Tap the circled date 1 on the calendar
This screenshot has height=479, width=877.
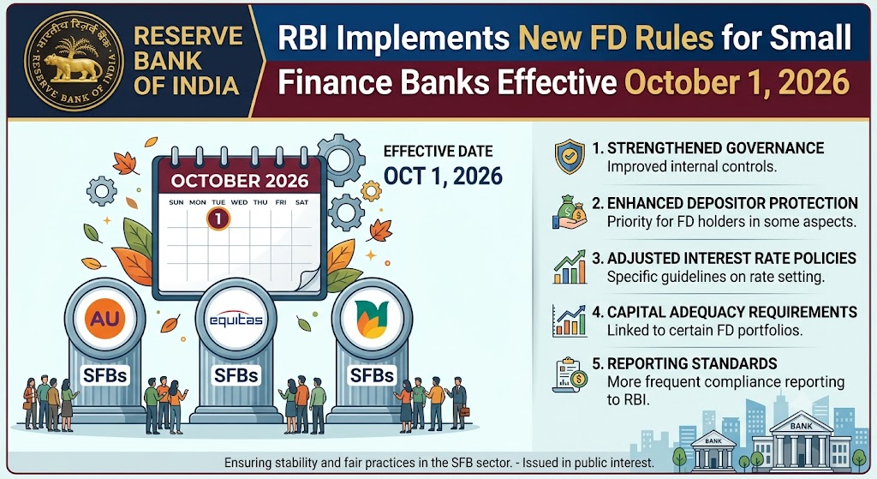tap(218, 219)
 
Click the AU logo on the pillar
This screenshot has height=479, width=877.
tap(105, 319)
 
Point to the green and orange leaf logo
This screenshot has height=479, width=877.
tap(372, 320)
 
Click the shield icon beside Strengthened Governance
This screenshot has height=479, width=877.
tap(570, 158)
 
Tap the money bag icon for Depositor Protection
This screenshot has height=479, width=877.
tap(570, 213)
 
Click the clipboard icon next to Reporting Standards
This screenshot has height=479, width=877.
tap(570, 374)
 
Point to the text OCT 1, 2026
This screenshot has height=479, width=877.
tap(443, 177)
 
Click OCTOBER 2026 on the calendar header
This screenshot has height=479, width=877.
tap(240, 181)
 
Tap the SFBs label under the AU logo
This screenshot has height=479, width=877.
tap(105, 375)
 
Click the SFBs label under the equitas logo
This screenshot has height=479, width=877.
tap(236, 375)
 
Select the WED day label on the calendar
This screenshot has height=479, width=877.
tap(239, 202)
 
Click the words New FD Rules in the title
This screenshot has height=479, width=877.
tap(617, 38)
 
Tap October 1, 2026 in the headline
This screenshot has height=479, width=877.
tap(737, 83)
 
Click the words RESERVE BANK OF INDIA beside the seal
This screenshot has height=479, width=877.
tap(188, 61)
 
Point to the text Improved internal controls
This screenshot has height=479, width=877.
tap(692, 167)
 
